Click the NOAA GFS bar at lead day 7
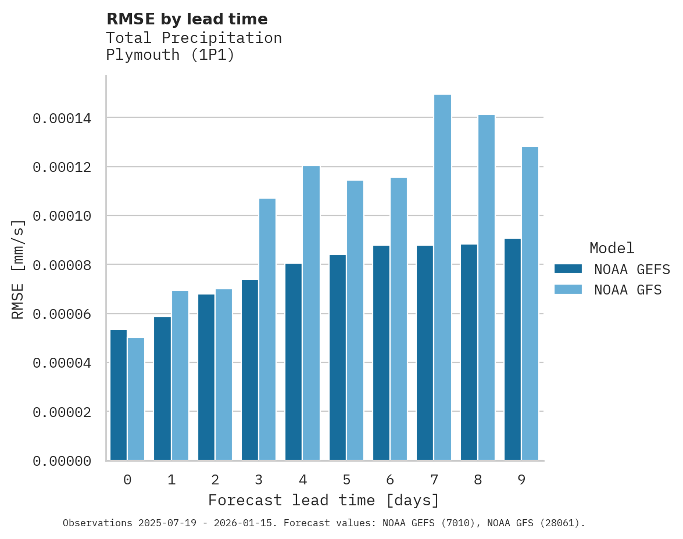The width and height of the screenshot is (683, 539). tap(442, 278)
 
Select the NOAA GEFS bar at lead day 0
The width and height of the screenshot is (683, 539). tap(119, 395)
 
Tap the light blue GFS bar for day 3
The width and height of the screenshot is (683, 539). tap(267, 329)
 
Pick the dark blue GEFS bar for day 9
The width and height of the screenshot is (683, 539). tap(513, 350)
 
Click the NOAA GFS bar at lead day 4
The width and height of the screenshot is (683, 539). tap(311, 314)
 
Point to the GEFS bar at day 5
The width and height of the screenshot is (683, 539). tap(338, 357)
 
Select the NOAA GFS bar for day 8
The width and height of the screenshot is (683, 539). tap(487, 288)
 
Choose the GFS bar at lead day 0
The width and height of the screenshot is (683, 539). tap(136, 399)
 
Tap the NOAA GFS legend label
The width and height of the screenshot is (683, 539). tap(628, 290)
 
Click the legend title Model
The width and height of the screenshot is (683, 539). tap(612, 249)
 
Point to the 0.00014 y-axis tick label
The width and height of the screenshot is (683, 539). tap(62, 119)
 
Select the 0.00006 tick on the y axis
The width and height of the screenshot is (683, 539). tap(62, 315)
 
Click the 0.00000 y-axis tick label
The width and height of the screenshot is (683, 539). tap(62, 462)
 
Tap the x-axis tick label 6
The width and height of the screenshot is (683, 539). tap(390, 480)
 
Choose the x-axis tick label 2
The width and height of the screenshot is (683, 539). tap(215, 480)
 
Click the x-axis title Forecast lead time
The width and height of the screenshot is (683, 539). tap(324, 501)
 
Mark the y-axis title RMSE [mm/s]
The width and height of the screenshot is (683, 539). tap(19, 269)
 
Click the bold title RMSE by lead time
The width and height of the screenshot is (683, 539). tap(187, 19)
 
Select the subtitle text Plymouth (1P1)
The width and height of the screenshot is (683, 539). tap(170, 56)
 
